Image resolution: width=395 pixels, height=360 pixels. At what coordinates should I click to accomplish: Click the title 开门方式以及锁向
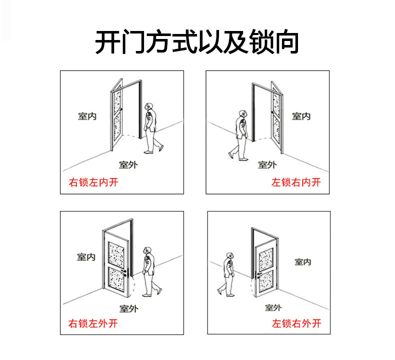pos(197,42)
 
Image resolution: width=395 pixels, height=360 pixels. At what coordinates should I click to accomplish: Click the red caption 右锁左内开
pos(93,182)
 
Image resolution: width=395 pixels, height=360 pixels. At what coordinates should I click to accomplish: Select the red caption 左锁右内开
pos(296,182)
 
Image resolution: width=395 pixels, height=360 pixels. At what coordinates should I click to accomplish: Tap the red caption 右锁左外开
pos(93,323)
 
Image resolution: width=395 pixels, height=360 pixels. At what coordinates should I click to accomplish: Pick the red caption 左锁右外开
pos(296,323)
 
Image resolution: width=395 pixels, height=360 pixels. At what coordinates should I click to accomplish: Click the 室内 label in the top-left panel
pos(87,116)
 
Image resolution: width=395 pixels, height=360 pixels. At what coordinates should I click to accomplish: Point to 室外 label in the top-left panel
pos(128,164)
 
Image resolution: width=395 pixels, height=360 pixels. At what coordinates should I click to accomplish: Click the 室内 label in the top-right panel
pos(301,116)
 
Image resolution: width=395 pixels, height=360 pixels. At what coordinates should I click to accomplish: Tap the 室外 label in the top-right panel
pos(267,164)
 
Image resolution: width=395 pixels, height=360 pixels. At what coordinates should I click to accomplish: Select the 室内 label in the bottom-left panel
pos(86,257)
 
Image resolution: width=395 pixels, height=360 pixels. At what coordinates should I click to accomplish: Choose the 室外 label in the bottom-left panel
pos(128,308)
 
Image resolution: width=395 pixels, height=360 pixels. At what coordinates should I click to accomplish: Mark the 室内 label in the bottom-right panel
pos(303,261)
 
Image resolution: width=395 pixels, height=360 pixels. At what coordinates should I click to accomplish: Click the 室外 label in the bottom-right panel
pos(273,307)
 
